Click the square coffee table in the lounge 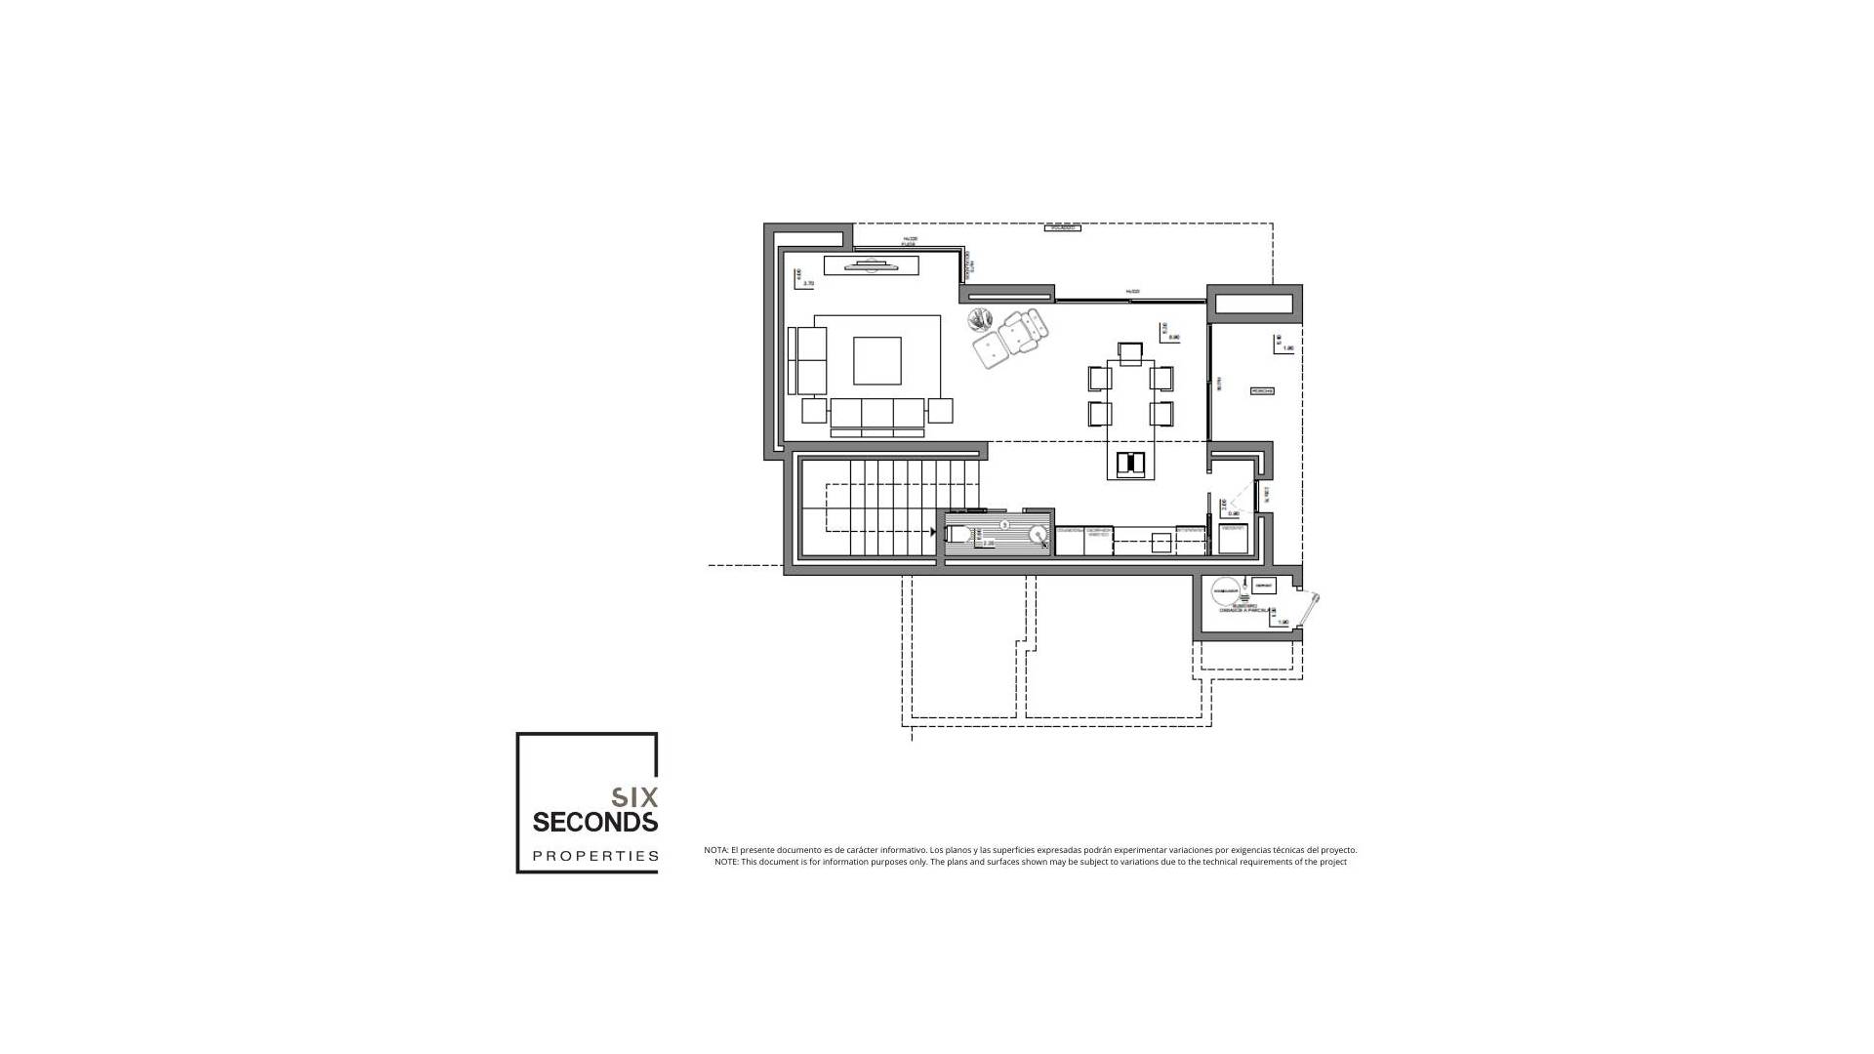pos(876,361)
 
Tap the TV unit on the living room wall pos(872,264)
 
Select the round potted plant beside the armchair pos(980,319)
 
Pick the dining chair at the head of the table pos(1130,352)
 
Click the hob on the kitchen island pos(1130,464)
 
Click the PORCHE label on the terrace pos(1262,391)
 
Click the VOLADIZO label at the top pos(1062,228)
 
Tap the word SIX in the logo pos(634,797)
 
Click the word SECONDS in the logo pos(594,823)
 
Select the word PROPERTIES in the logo pos(594,856)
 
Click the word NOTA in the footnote pos(715,850)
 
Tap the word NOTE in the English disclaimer pos(726,862)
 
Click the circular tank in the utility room pos(1225,591)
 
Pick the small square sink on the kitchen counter pos(1161,542)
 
